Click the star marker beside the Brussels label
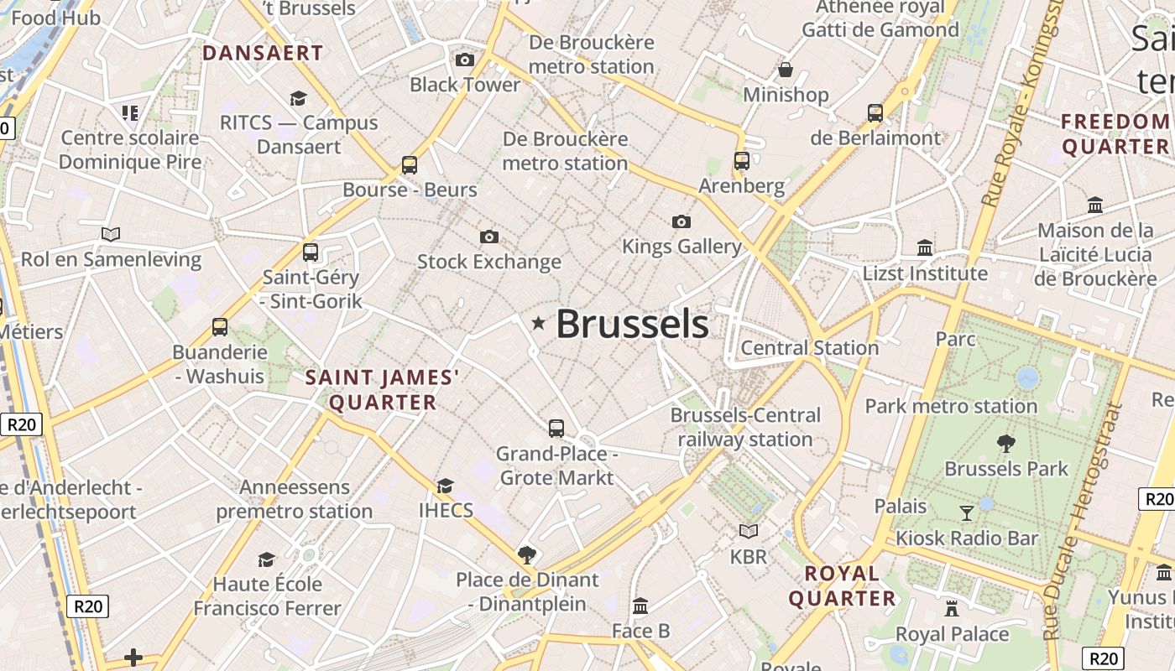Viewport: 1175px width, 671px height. pyautogui.click(x=538, y=323)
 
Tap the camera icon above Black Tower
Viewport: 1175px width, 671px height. pyautogui.click(x=464, y=60)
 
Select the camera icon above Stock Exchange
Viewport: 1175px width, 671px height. pyautogui.click(x=489, y=237)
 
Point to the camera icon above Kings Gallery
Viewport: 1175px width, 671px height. pyautogui.click(x=681, y=221)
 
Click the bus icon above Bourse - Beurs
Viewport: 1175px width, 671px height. pyautogui.click(x=410, y=164)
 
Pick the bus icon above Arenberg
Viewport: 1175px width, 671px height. pyautogui.click(x=741, y=160)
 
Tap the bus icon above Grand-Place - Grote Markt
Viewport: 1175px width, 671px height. pyautogui.click(x=556, y=429)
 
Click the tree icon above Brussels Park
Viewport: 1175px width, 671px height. pyautogui.click(x=1005, y=443)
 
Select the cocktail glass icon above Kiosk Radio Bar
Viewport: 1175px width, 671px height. pyautogui.click(x=967, y=512)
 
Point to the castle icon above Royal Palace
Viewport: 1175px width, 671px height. pyautogui.click(x=952, y=608)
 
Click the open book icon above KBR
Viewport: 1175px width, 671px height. pyautogui.click(x=748, y=531)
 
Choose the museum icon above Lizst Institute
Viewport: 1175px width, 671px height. pyautogui.click(x=925, y=247)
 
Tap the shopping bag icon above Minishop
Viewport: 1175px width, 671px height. pyautogui.click(x=786, y=69)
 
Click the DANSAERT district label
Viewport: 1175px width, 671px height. pyautogui.click(x=263, y=53)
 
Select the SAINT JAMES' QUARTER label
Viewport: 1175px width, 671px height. pyautogui.click(x=383, y=390)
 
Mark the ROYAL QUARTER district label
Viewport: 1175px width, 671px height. pyautogui.click(x=842, y=585)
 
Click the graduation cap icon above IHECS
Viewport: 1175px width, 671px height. pyautogui.click(x=445, y=486)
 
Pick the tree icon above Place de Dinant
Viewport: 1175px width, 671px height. pyautogui.click(x=527, y=554)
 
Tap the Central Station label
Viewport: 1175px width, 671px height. pyautogui.click(x=810, y=347)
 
